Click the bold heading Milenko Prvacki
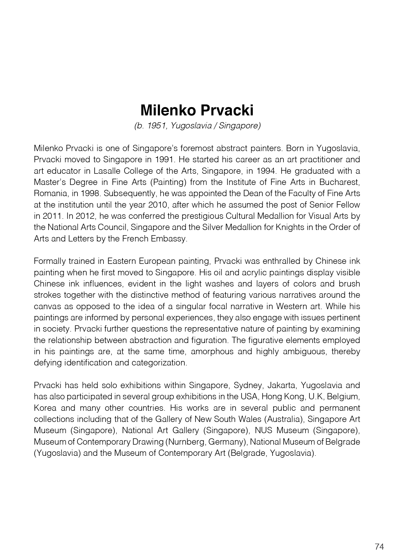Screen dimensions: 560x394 [x=197, y=110]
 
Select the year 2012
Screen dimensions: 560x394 [x=86, y=216]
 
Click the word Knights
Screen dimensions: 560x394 [x=293, y=227]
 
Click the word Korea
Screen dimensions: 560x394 [x=45, y=408]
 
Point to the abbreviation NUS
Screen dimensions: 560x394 [x=263, y=430]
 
